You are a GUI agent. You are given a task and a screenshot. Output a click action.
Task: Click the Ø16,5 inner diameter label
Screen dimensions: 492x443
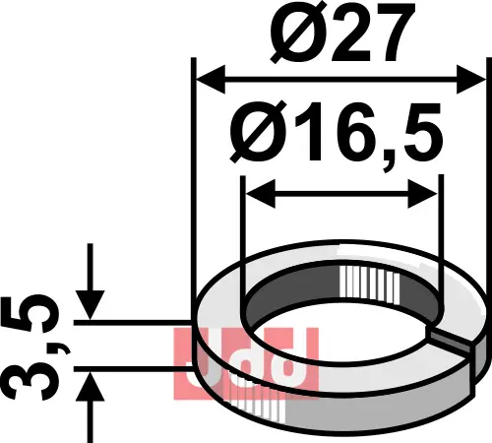[337, 135]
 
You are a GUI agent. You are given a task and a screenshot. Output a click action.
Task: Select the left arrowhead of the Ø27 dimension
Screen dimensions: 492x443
[211, 79]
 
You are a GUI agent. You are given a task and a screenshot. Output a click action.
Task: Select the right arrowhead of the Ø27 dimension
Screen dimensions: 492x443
[470, 79]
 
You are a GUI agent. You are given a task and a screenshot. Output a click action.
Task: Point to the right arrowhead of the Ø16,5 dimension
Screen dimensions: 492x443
[423, 194]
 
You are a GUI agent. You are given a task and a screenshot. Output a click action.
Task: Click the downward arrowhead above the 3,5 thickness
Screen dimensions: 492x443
[90, 304]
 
